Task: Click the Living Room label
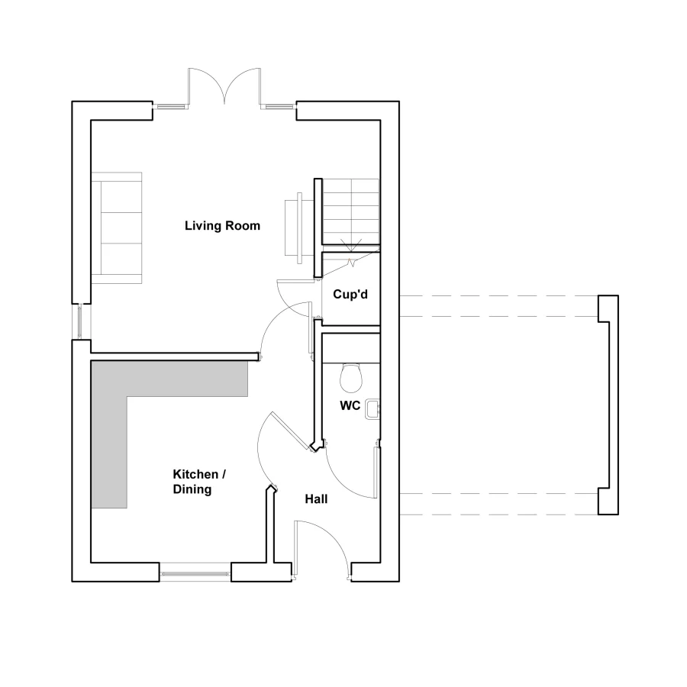click(x=222, y=226)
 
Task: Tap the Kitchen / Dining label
click(x=198, y=482)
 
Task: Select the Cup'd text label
click(x=350, y=294)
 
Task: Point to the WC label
click(x=350, y=406)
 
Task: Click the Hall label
click(x=316, y=499)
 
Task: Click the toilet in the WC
click(x=352, y=376)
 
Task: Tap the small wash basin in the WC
click(x=373, y=409)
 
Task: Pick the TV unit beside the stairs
click(x=296, y=227)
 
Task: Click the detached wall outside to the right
click(x=608, y=405)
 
